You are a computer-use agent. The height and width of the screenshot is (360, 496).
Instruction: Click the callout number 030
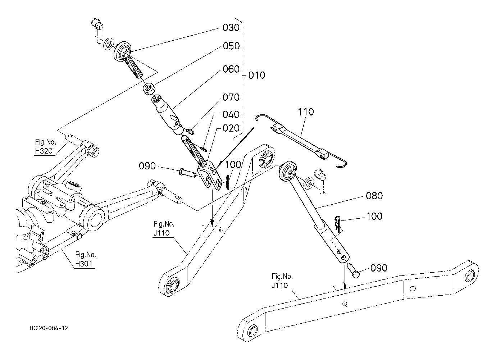tap(231, 28)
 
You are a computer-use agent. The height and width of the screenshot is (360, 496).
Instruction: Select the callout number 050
tap(231, 46)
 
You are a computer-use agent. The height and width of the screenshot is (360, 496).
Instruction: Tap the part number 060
tap(231, 69)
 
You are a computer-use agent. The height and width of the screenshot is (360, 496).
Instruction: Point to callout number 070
tap(231, 97)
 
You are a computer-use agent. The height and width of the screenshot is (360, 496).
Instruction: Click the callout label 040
tap(231, 114)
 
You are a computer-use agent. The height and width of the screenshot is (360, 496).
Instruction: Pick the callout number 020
tap(231, 128)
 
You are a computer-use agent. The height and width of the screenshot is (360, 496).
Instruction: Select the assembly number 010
tap(256, 76)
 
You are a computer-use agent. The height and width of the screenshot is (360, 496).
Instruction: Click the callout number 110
tap(305, 112)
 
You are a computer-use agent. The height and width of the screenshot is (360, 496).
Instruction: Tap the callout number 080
tap(374, 196)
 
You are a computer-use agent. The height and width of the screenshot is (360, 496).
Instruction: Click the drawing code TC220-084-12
tap(49, 328)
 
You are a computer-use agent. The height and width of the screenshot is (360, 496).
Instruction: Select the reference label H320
tap(44, 151)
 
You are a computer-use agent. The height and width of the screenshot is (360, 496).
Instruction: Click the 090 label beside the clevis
tap(147, 166)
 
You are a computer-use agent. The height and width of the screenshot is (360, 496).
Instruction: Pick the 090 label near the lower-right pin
tap(379, 268)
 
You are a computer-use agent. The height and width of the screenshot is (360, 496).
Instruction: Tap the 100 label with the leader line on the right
tap(374, 217)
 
